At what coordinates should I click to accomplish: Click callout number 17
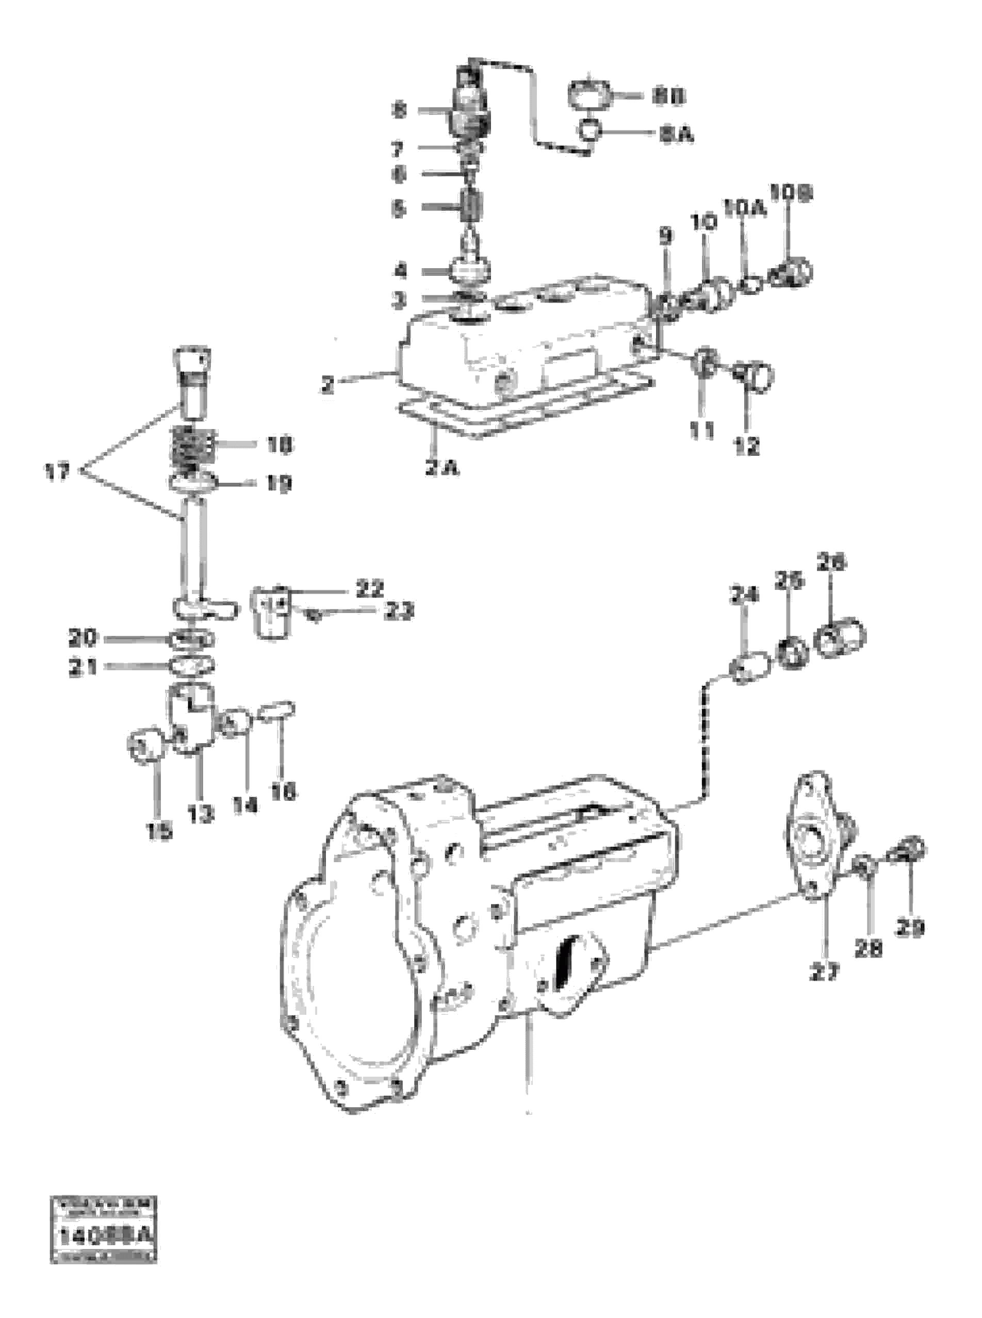coord(57,472)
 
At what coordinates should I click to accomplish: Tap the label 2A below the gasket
coord(441,468)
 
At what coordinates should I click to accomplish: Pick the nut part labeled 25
coord(791,652)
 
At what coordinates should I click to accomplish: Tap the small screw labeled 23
coord(313,617)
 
